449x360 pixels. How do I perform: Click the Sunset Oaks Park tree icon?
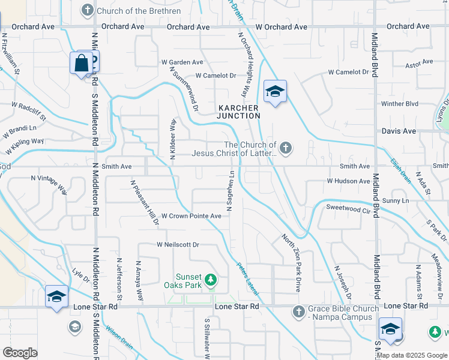coord(210,280)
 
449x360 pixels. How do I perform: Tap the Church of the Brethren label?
coord(130,10)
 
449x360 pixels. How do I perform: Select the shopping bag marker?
coord(81,63)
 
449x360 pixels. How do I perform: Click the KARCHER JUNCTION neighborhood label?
coord(238,112)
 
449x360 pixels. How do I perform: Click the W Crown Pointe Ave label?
coord(187,216)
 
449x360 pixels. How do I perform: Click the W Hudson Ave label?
coord(348,181)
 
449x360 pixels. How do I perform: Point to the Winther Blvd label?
coord(399,104)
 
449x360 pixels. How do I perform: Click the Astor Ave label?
coord(419,65)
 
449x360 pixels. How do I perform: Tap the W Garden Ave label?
coord(182,62)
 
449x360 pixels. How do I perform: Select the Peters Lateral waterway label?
coord(247,278)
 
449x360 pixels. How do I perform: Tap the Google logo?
coord(20,353)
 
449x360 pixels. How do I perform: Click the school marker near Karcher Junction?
coord(275,92)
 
